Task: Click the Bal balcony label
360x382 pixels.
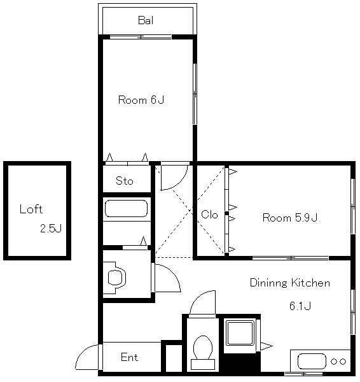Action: pyautogui.click(x=146, y=20)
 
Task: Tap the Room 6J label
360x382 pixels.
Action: pyautogui.click(x=141, y=100)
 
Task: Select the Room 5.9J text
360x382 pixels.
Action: pyautogui.click(x=290, y=217)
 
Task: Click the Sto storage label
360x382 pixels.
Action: pyautogui.click(x=125, y=181)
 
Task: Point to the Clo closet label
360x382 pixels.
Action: pyautogui.click(x=209, y=215)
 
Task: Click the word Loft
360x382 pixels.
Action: pyautogui.click(x=31, y=209)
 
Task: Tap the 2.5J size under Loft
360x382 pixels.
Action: pyautogui.click(x=51, y=229)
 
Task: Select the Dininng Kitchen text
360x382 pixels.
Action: pyautogui.click(x=290, y=283)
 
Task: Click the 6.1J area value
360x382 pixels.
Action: pyautogui.click(x=300, y=306)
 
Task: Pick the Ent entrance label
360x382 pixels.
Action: pyautogui.click(x=129, y=357)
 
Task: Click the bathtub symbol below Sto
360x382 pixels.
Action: pyautogui.click(x=126, y=209)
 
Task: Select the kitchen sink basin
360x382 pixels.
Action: pyautogui.click(x=312, y=361)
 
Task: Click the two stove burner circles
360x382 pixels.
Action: pyautogui.click(x=338, y=362)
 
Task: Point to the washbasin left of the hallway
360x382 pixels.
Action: pyautogui.click(x=115, y=278)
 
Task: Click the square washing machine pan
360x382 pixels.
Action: pyautogui.click(x=240, y=333)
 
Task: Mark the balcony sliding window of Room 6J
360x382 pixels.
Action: pyautogui.click(x=141, y=37)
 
